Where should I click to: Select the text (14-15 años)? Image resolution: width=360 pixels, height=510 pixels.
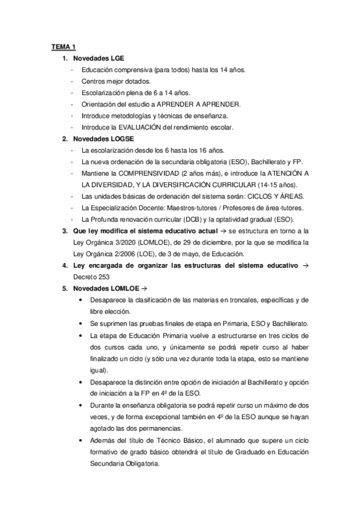click(279, 185)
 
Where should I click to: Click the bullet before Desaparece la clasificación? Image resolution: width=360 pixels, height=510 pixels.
click(81, 300)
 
